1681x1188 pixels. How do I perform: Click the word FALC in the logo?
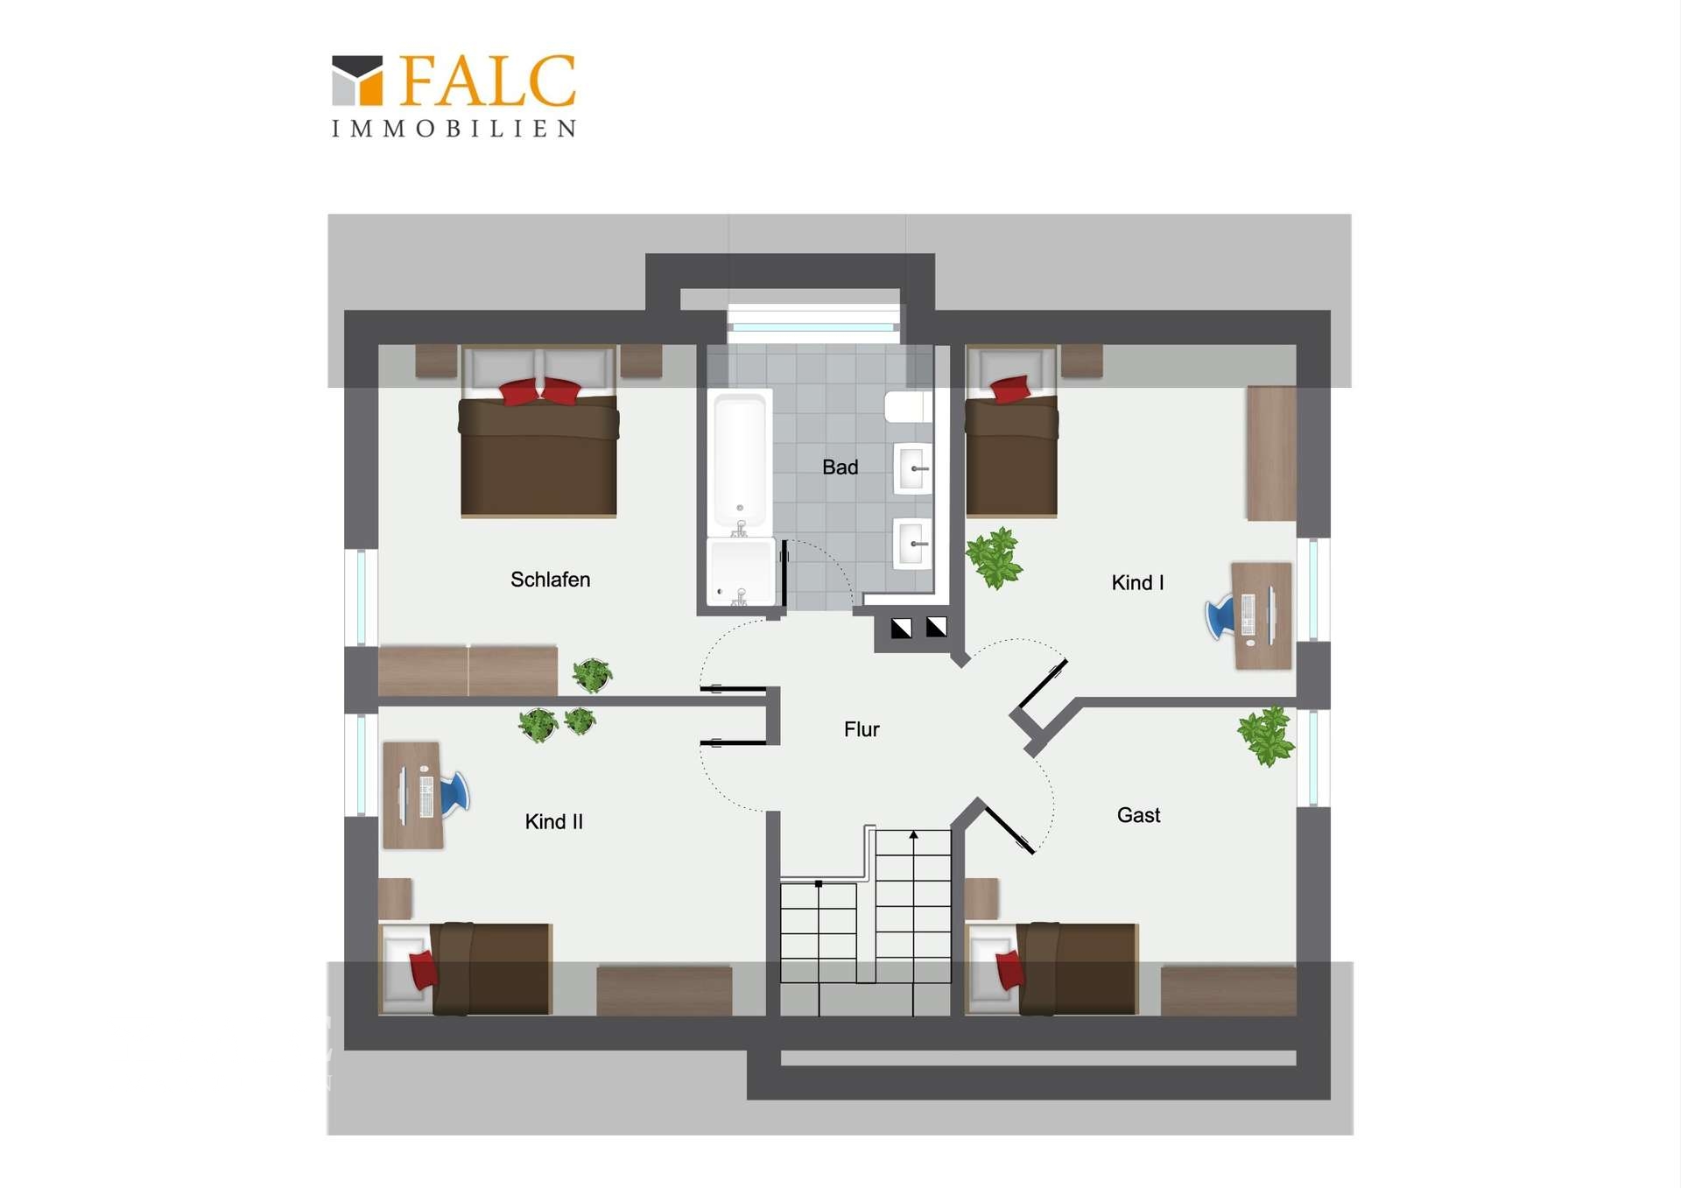point(489,81)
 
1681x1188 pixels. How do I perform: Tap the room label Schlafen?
point(550,580)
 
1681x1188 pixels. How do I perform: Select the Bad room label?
point(840,467)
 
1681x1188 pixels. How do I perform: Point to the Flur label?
point(862,729)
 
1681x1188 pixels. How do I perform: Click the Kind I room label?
point(1137,583)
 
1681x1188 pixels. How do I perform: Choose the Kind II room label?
point(553,822)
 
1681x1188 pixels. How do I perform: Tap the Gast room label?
point(1138,815)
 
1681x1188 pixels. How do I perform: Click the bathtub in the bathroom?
point(740,460)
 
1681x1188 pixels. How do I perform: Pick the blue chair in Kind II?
point(455,794)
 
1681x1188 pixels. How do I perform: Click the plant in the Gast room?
point(1266,736)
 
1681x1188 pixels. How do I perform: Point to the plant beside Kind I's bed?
point(995,558)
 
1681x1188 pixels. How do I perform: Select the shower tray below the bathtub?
point(741,572)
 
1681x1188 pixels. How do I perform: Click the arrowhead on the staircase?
point(913,835)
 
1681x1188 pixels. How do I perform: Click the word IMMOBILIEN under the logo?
point(454,129)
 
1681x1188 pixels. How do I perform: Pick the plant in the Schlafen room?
point(592,675)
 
